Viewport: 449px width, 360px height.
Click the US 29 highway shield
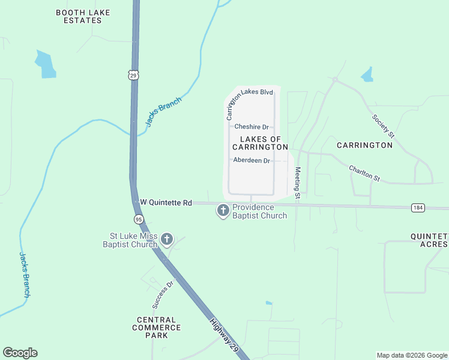(x=133, y=75)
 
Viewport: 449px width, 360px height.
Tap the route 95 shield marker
(x=139, y=219)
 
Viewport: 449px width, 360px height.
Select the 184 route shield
(x=418, y=208)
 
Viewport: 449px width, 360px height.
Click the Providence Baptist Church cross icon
(x=223, y=211)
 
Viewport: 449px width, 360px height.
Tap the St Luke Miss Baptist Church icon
(x=167, y=240)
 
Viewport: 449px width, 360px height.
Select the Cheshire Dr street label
(x=251, y=127)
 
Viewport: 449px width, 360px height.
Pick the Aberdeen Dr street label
(x=251, y=160)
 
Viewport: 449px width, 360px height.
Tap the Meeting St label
(x=297, y=181)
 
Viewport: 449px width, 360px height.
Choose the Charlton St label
(x=365, y=173)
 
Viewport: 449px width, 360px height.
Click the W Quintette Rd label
(x=166, y=203)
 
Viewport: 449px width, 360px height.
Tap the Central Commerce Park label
(x=156, y=328)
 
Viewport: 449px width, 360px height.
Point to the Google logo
(x=20, y=353)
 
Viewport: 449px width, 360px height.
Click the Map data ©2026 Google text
(x=411, y=355)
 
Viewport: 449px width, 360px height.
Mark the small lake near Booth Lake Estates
(x=46, y=65)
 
